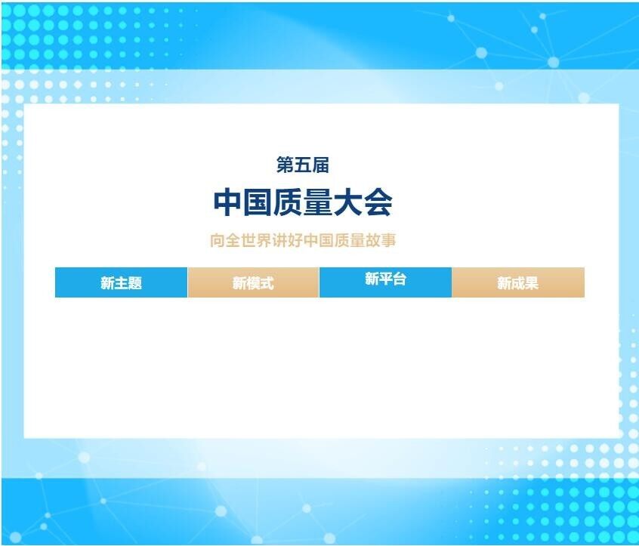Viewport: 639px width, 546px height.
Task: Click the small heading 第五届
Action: (x=303, y=165)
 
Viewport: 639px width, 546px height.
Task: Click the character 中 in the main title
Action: (x=228, y=202)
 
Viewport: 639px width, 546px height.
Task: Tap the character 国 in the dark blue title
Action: (x=258, y=202)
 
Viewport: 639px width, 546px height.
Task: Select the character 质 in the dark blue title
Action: (x=288, y=202)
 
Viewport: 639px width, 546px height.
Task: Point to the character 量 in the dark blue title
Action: (x=318, y=202)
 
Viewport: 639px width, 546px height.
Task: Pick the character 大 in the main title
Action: (x=347, y=202)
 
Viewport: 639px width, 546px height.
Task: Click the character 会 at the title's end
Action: (x=378, y=202)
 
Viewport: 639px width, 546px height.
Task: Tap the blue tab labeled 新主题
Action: (x=121, y=282)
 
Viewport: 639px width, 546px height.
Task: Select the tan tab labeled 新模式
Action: (x=253, y=282)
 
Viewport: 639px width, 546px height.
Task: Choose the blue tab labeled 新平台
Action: (x=385, y=282)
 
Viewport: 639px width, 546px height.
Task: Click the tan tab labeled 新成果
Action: (x=518, y=282)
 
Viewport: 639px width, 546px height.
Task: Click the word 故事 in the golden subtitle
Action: (x=381, y=240)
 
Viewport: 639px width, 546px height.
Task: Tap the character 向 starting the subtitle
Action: (x=218, y=240)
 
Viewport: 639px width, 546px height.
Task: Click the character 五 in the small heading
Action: (x=303, y=165)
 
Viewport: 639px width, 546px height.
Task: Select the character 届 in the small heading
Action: (x=321, y=165)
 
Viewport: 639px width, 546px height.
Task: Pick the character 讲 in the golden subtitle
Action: (x=279, y=240)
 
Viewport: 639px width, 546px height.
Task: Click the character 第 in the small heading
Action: (x=286, y=165)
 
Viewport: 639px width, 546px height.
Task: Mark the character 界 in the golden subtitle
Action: (x=264, y=240)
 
